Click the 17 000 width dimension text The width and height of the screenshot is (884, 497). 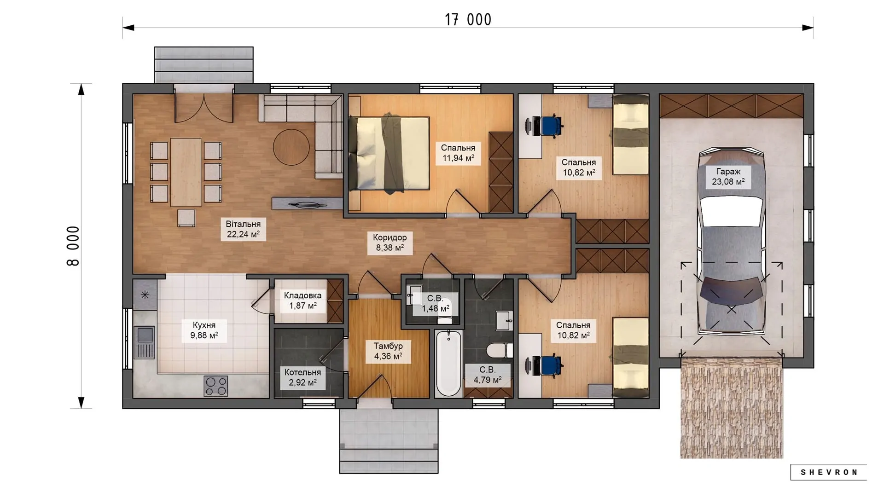click(468, 20)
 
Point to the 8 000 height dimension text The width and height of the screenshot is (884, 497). click(73, 246)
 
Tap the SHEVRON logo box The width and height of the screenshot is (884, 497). click(828, 472)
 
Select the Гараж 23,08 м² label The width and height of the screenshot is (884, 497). click(728, 177)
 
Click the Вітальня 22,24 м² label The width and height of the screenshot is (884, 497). click(243, 229)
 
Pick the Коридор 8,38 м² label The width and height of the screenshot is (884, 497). click(390, 243)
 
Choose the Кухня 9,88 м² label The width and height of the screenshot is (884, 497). click(204, 330)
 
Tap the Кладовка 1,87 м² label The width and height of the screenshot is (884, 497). click(302, 301)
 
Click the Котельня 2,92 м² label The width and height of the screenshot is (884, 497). click(302, 377)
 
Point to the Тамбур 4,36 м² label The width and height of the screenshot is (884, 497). click(388, 351)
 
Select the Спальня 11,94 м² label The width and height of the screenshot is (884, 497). click(458, 153)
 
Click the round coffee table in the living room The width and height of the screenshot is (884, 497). click(291, 147)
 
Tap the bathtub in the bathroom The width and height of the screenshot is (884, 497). click(448, 364)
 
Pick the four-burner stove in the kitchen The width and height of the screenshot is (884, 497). click(216, 386)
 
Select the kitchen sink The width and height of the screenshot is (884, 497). click(145, 342)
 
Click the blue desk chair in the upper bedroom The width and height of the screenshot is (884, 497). click(551, 126)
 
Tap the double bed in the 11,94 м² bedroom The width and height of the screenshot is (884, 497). click(389, 153)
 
